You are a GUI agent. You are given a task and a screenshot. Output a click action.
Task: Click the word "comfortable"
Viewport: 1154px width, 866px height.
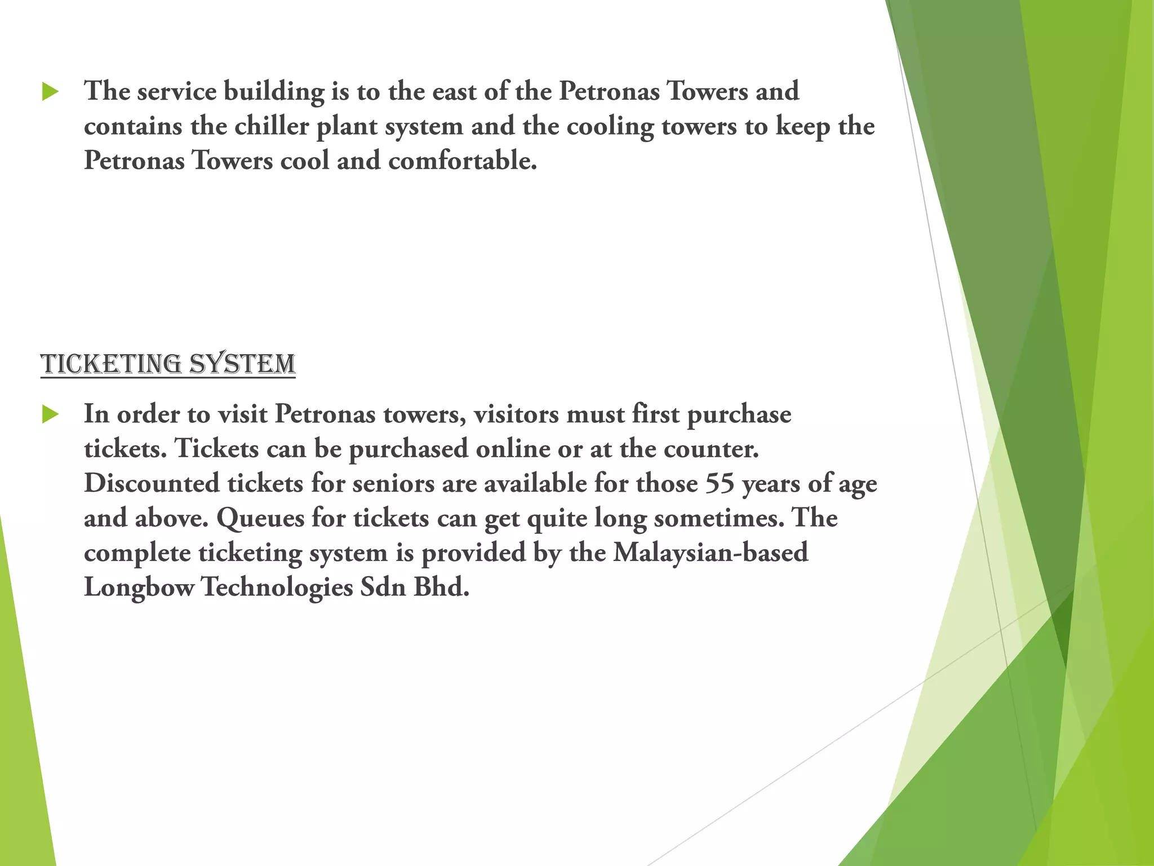tap(462, 161)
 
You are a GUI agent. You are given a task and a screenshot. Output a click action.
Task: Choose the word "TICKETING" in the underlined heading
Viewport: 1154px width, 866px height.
tap(111, 364)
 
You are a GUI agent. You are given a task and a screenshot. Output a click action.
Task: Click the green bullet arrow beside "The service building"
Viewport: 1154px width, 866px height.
tap(50, 91)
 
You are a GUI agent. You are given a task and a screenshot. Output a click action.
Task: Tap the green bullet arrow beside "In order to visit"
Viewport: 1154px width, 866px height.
tap(50, 414)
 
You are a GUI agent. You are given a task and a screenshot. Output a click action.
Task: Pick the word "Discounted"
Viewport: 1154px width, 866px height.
tap(152, 484)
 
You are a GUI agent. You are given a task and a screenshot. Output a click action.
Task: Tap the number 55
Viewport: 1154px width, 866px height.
tap(720, 484)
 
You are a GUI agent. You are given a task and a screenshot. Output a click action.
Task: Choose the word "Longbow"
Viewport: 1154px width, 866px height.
tap(139, 587)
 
